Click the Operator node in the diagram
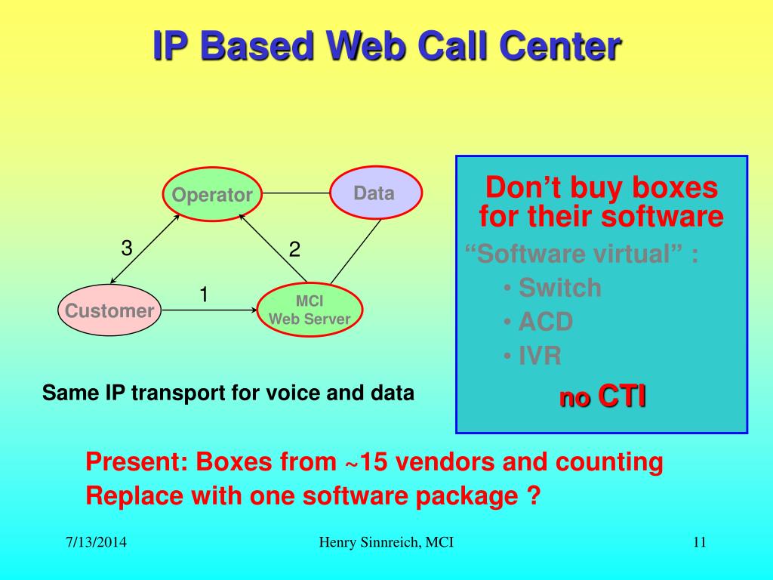(x=212, y=195)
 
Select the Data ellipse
(x=374, y=193)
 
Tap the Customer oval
(x=109, y=310)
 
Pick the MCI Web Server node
(x=310, y=310)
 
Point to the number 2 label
(x=295, y=250)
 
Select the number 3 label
(x=127, y=248)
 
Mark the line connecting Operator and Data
(x=296, y=193)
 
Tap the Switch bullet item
(x=559, y=288)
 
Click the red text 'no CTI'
(x=602, y=396)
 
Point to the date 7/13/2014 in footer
(x=95, y=542)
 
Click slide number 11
(x=698, y=542)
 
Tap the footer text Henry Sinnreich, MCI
(x=386, y=542)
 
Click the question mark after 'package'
(x=534, y=497)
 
